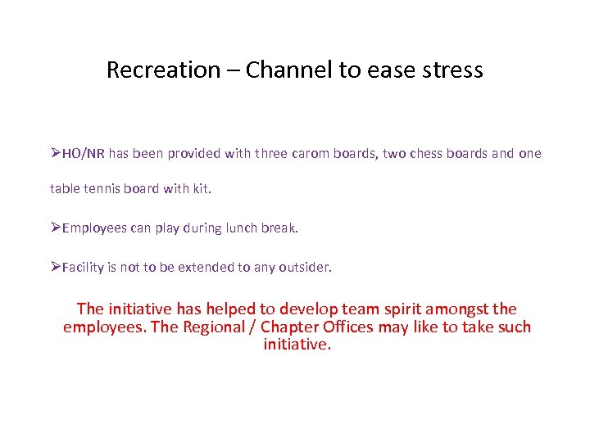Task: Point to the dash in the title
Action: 233,70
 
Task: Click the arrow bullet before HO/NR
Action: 56,153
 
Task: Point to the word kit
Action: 200,189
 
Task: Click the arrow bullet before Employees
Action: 56,228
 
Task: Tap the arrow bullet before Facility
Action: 56,267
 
